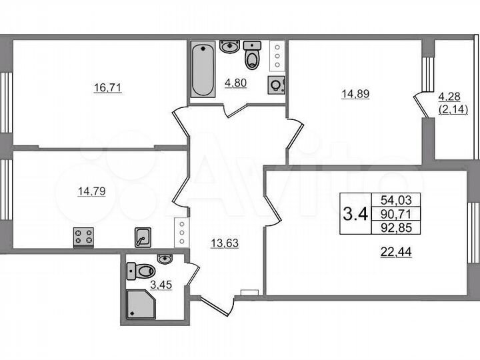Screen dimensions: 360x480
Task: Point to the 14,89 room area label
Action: tap(355, 94)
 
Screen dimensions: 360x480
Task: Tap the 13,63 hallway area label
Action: tap(225, 243)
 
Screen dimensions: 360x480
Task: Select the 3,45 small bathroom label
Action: tap(163, 287)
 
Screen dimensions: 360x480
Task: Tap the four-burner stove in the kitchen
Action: tap(83, 237)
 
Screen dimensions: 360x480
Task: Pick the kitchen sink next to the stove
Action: tap(143, 237)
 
